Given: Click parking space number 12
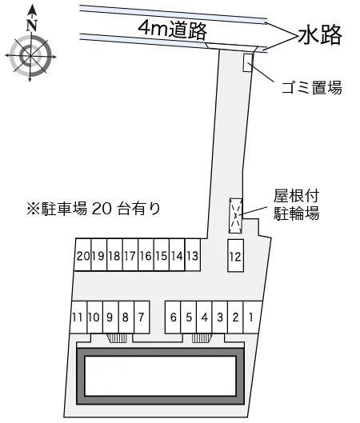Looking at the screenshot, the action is pyautogui.click(x=235, y=255).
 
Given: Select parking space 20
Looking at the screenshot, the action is pyautogui.click(x=82, y=254).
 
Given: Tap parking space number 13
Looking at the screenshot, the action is pyautogui.click(x=193, y=254).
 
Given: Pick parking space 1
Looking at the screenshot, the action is pyautogui.click(x=252, y=317).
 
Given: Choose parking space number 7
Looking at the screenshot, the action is pyautogui.click(x=142, y=317).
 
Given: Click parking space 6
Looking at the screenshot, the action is pyautogui.click(x=173, y=317).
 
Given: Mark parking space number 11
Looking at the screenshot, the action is pyautogui.click(x=78, y=317).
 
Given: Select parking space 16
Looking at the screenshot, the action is pyautogui.click(x=146, y=254).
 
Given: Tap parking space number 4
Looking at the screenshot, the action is pyautogui.click(x=204, y=317).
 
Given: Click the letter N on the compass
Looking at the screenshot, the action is pyautogui.click(x=32, y=25).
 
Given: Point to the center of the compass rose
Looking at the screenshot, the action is pyautogui.click(x=30, y=56).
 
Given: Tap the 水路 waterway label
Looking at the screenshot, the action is pyautogui.click(x=320, y=35).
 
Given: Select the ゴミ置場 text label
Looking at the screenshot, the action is pyautogui.click(x=312, y=88).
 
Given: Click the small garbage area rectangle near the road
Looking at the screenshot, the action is pyautogui.click(x=248, y=62).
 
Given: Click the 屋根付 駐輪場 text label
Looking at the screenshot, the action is pyautogui.click(x=297, y=205).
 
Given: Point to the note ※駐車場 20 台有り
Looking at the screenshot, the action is pyautogui.click(x=94, y=209).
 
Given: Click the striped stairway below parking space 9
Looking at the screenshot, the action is pyautogui.click(x=118, y=338).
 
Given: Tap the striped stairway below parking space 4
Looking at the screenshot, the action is pyautogui.click(x=202, y=338).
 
